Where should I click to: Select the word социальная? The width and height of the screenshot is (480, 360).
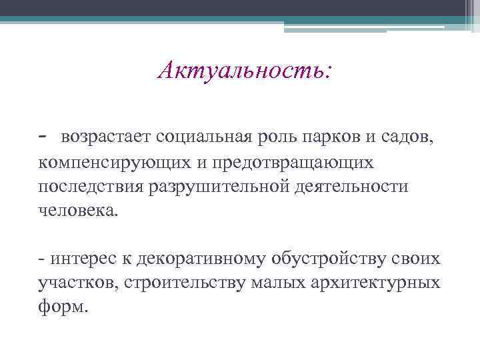[204, 138]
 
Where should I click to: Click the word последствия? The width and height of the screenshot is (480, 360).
[85, 187]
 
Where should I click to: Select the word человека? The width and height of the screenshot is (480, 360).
[77, 211]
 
